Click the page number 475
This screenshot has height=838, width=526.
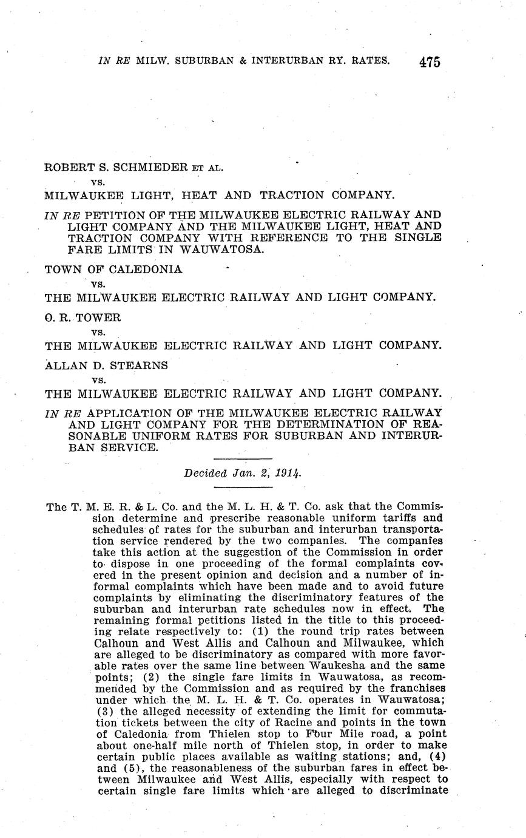click(x=428, y=62)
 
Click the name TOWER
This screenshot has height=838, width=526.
click(x=99, y=317)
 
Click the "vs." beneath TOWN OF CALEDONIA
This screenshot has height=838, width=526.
click(x=98, y=284)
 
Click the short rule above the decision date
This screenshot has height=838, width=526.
click(x=243, y=458)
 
